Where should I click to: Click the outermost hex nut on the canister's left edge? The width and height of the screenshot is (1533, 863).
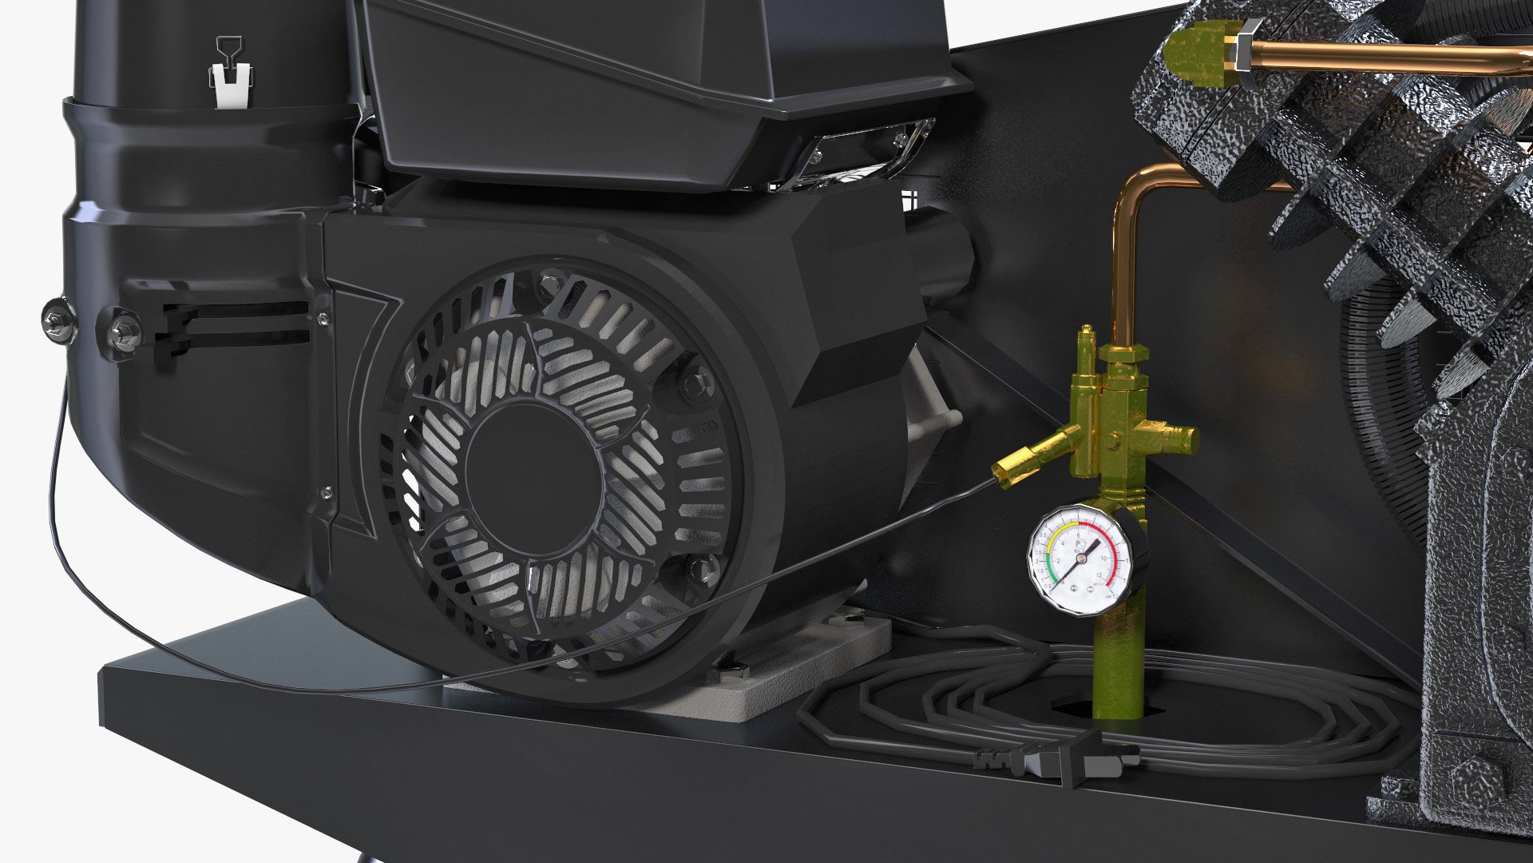(x=59, y=320)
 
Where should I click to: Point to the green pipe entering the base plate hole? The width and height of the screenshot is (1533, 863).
(x=1118, y=679)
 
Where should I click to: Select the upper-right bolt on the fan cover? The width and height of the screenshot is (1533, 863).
(x=694, y=380)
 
